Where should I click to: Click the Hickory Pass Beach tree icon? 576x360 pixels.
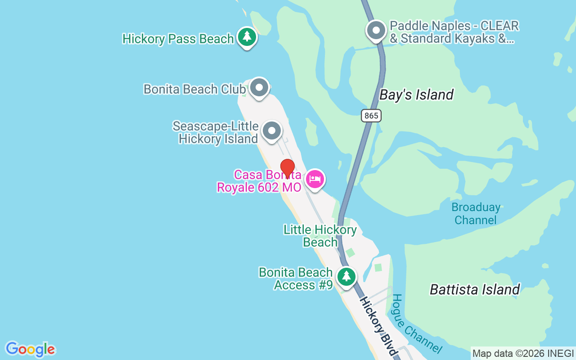pyautogui.click(x=247, y=36)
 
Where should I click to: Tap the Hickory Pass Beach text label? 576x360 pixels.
pyautogui.click(x=178, y=39)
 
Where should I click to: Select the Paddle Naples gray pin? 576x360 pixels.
pyautogui.click(x=376, y=31)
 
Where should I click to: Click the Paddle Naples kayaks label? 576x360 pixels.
pyautogui.click(x=454, y=32)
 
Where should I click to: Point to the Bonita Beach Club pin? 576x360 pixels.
pyautogui.click(x=259, y=87)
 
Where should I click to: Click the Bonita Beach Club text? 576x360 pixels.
pyautogui.click(x=194, y=89)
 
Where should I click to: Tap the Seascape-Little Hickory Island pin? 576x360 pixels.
pyautogui.click(x=271, y=130)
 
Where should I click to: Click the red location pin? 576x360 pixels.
pyautogui.click(x=287, y=167)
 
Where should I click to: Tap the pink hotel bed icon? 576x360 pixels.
pyautogui.click(x=315, y=180)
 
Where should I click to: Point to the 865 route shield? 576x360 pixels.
pyautogui.click(x=371, y=116)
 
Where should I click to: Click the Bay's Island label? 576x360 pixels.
pyautogui.click(x=416, y=95)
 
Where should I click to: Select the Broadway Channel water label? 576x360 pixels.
pyautogui.click(x=476, y=214)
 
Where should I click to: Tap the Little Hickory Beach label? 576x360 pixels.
pyautogui.click(x=320, y=236)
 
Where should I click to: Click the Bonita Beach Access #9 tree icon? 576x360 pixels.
pyautogui.click(x=346, y=276)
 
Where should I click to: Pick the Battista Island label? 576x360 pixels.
pyautogui.click(x=475, y=289)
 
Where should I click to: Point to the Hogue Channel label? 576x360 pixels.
pyautogui.click(x=416, y=323)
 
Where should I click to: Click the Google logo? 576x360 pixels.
pyautogui.click(x=30, y=349)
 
